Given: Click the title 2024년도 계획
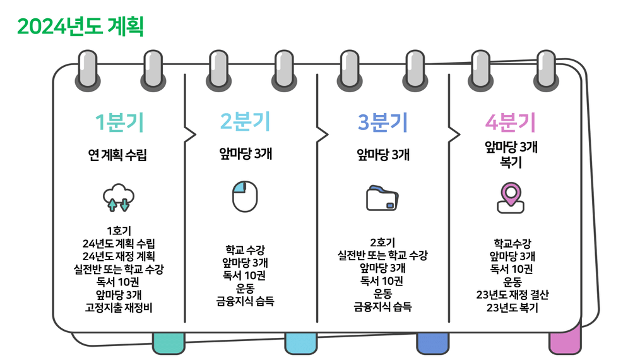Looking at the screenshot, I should (x=81, y=27).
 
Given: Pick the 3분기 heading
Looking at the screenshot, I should (x=382, y=122).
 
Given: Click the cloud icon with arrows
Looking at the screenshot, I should (x=119, y=197).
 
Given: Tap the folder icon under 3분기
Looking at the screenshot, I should (x=382, y=197).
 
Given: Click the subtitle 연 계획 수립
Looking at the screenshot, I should (x=118, y=155).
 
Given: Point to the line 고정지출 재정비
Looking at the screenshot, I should (x=119, y=308).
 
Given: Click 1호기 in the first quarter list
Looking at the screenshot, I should (x=119, y=231).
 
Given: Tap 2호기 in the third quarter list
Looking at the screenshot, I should (x=382, y=242).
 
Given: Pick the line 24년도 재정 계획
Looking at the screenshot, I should (x=119, y=256).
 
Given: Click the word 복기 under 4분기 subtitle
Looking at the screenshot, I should (x=511, y=162).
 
